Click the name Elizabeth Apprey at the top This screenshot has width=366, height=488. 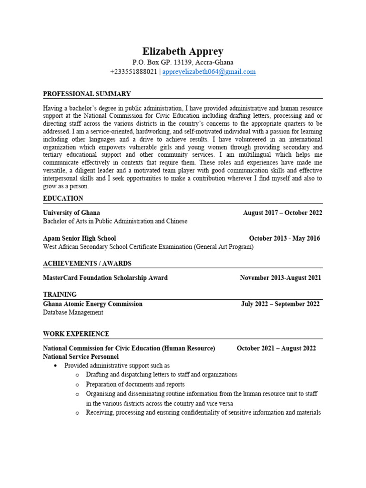[x=183, y=51]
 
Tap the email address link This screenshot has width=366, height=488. [x=209, y=72]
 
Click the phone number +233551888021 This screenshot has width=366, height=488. [x=133, y=72]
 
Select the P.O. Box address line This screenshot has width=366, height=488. [x=183, y=62]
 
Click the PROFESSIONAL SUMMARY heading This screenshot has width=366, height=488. [x=87, y=94]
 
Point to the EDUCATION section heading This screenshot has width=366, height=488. [x=63, y=198]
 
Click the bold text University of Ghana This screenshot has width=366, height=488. [x=71, y=213]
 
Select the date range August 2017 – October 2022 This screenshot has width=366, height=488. [x=283, y=213]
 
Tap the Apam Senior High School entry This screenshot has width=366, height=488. [x=79, y=238]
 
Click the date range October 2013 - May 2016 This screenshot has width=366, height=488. [x=285, y=238]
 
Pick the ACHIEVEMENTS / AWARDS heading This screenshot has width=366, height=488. [x=87, y=264]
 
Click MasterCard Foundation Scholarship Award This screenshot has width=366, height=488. [x=105, y=278]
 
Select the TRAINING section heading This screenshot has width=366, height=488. [x=60, y=295]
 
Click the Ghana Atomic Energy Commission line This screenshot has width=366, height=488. [x=92, y=304]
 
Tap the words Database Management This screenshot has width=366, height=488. [x=73, y=313]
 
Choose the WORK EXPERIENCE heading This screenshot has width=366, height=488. [x=76, y=334]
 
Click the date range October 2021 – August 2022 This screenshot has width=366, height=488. [x=276, y=348]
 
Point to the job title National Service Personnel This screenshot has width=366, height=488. [x=81, y=356]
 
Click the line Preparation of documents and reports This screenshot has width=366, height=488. [x=135, y=384]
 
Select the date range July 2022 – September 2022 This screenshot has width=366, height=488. [x=280, y=304]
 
